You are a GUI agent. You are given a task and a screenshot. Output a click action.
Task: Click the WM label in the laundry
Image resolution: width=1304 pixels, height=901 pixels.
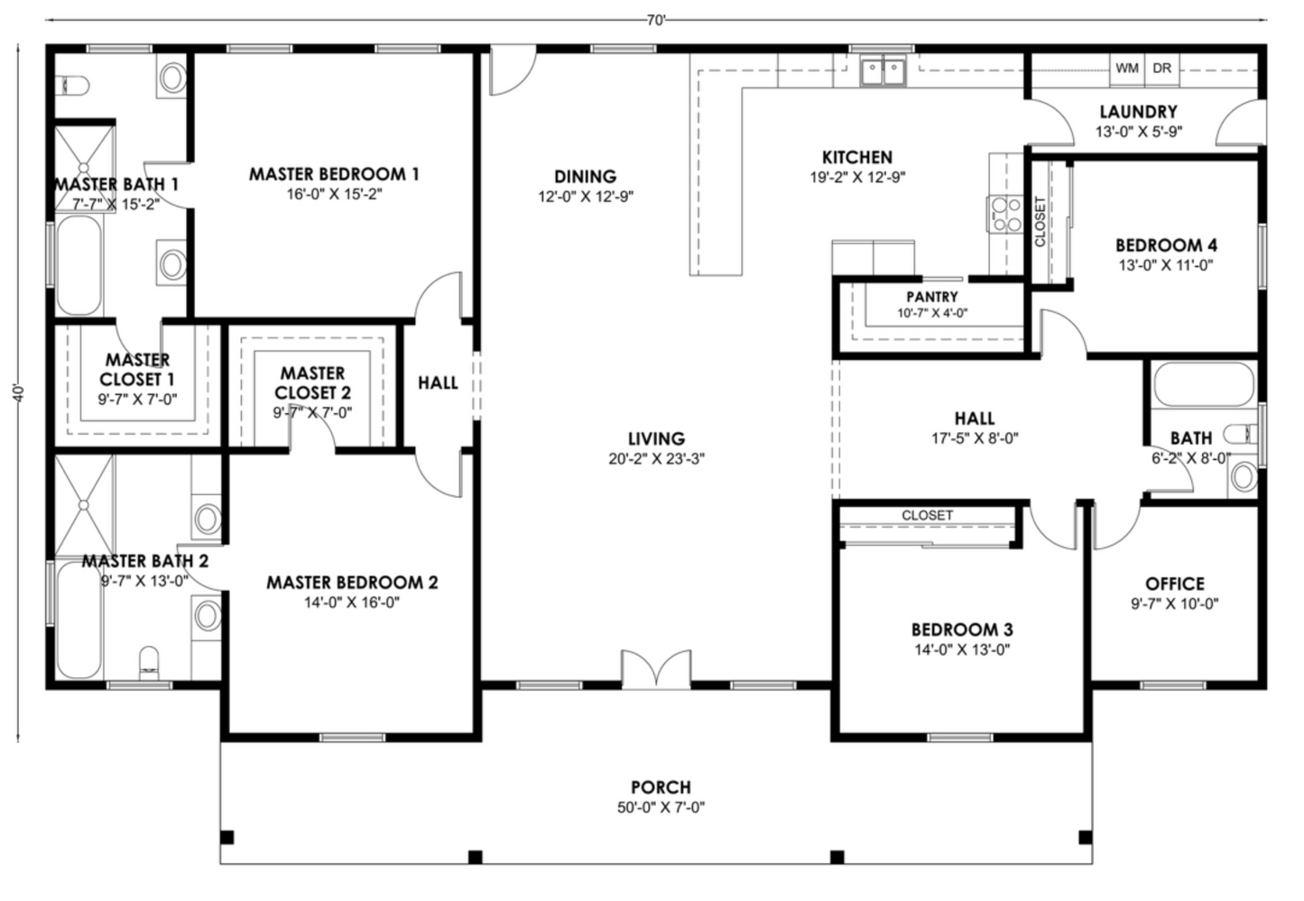1126,68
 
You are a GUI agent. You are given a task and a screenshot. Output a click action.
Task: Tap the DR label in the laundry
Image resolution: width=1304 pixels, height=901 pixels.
1162,68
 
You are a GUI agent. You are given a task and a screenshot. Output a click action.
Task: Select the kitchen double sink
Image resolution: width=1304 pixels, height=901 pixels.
883,70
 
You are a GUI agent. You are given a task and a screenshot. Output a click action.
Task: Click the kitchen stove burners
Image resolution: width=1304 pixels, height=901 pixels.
1003,215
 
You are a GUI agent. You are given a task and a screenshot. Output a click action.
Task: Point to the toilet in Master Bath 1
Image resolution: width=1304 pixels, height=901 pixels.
73,86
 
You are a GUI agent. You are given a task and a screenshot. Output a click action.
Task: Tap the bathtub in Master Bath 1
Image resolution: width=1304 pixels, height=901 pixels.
79,267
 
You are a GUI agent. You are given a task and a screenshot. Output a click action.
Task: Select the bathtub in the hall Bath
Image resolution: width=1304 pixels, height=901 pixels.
1203,385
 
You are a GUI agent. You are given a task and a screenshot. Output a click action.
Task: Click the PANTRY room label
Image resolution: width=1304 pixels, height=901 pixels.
931,297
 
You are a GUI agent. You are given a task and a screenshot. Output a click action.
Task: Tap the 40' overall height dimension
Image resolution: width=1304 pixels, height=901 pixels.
17,394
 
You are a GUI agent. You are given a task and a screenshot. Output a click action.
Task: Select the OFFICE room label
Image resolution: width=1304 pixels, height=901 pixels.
1174,584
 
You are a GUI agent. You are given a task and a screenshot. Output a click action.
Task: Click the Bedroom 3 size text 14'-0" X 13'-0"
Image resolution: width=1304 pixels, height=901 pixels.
960,649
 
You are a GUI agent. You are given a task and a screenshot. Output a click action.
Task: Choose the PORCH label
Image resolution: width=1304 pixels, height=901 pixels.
661,787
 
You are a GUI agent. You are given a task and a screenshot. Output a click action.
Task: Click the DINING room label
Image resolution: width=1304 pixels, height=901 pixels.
585,176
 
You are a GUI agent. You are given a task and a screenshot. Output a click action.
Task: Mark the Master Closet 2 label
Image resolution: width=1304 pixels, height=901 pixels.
312,382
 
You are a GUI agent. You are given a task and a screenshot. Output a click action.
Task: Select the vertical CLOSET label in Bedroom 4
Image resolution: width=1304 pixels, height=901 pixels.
1040,222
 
